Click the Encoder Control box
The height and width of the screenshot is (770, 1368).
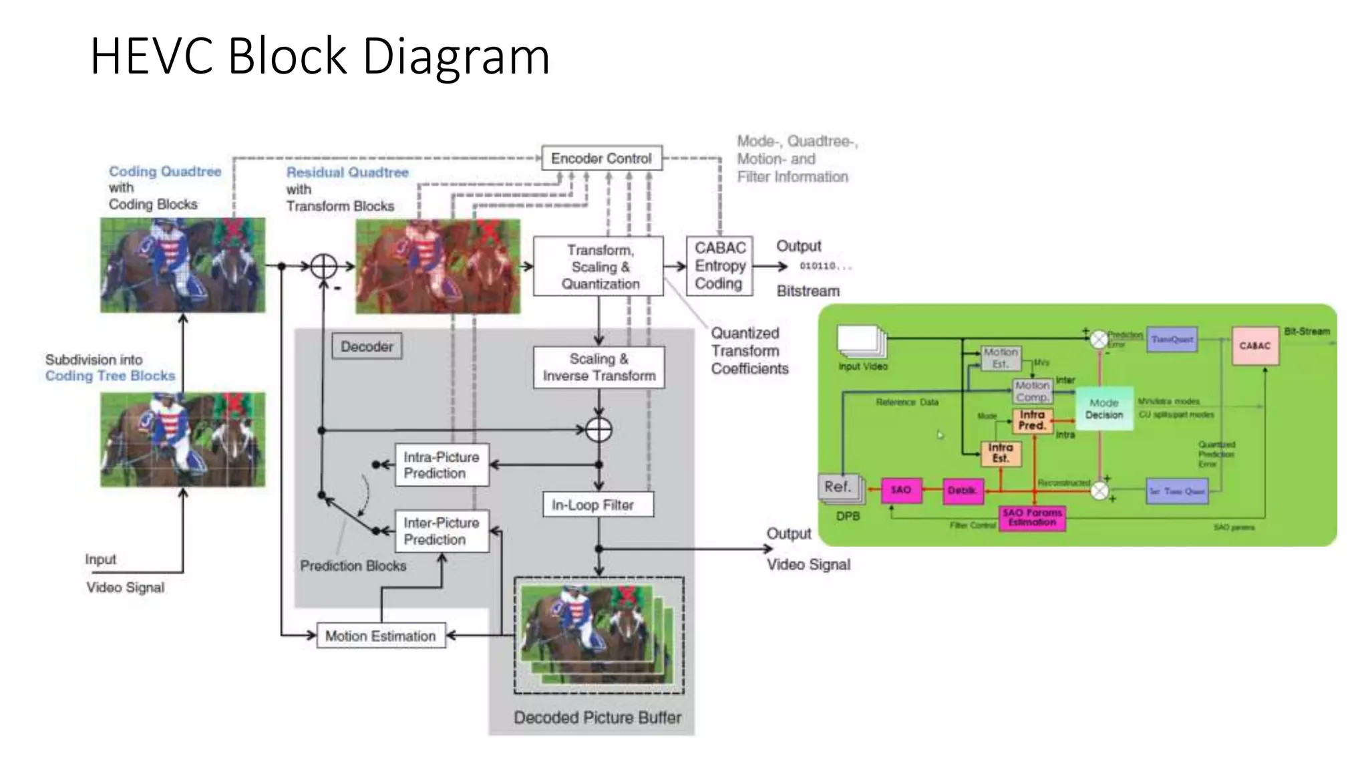click(x=601, y=158)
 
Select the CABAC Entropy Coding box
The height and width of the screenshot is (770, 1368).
click(x=719, y=266)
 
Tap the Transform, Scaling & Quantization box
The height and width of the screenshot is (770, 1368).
click(x=598, y=267)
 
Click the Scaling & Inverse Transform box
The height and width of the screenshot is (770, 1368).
click(x=598, y=367)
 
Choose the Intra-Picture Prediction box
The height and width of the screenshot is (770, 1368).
click(x=442, y=465)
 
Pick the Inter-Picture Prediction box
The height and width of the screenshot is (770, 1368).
click(x=442, y=531)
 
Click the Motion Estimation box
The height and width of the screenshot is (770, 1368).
click(x=381, y=636)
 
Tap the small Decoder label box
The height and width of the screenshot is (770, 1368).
click(x=367, y=346)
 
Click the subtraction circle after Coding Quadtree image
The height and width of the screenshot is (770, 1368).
click(x=324, y=266)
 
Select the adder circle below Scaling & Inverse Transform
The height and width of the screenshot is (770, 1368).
click(x=598, y=430)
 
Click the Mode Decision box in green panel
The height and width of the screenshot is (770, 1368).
click(x=1104, y=408)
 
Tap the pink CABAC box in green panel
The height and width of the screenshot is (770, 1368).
click(x=1255, y=346)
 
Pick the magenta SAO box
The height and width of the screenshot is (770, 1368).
click(x=901, y=490)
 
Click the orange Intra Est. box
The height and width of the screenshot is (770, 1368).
click(x=1001, y=453)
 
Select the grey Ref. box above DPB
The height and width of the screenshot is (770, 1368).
click(x=838, y=487)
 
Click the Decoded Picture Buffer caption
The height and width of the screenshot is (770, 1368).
click(x=597, y=717)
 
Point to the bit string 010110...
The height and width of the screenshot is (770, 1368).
click(x=825, y=266)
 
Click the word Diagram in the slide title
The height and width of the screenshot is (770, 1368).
click(x=456, y=56)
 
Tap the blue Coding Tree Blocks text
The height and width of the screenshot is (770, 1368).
click(x=110, y=376)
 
